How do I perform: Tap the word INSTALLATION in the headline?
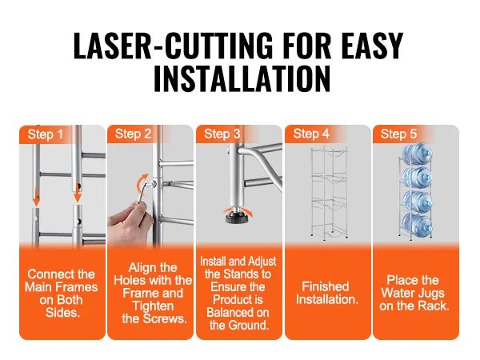pos(242,78)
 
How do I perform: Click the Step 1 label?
pos(45,134)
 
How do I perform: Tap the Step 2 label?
pos(133,134)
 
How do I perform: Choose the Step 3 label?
pos(222,134)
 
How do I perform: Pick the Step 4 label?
pos(311,134)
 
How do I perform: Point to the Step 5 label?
pos(398,134)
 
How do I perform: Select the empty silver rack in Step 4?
pos(329,192)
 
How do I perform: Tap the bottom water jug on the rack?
pos(417,225)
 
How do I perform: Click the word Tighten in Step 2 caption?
pos(153,306)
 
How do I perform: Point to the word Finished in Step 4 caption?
pos(326,286)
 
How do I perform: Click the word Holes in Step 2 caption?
pos(129,281)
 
